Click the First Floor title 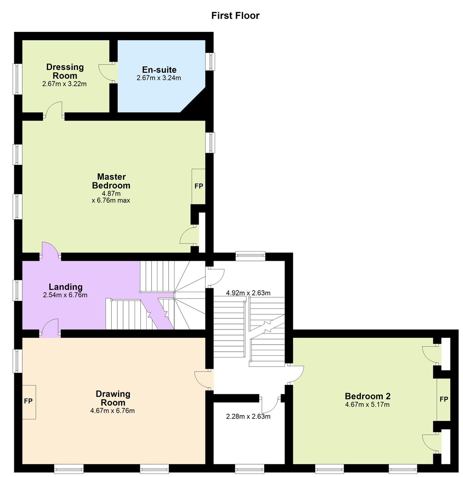pyautogui.click(x=235, y=16)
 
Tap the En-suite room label pyautogui.click(x=159, y=70)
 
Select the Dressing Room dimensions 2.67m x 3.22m pyautogui.click(x=64, y=84)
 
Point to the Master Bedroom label pyautogui.click(x=111, y=181)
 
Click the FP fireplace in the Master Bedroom pyautogui.click(x=199, y=186)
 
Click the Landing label pyautogui.click(x=66, y=287)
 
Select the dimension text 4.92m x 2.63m pyautogui.click(x=248, y=293)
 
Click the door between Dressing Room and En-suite pyautogui.click(x=108, y=73)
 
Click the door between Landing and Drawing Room pyautogui.click(x=50, y=328)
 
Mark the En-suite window pyautogui.click(x=210, y=62)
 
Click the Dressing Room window pyautogui.click(x=17, y=79)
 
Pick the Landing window pyautogui.click(x=17, y=291)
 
